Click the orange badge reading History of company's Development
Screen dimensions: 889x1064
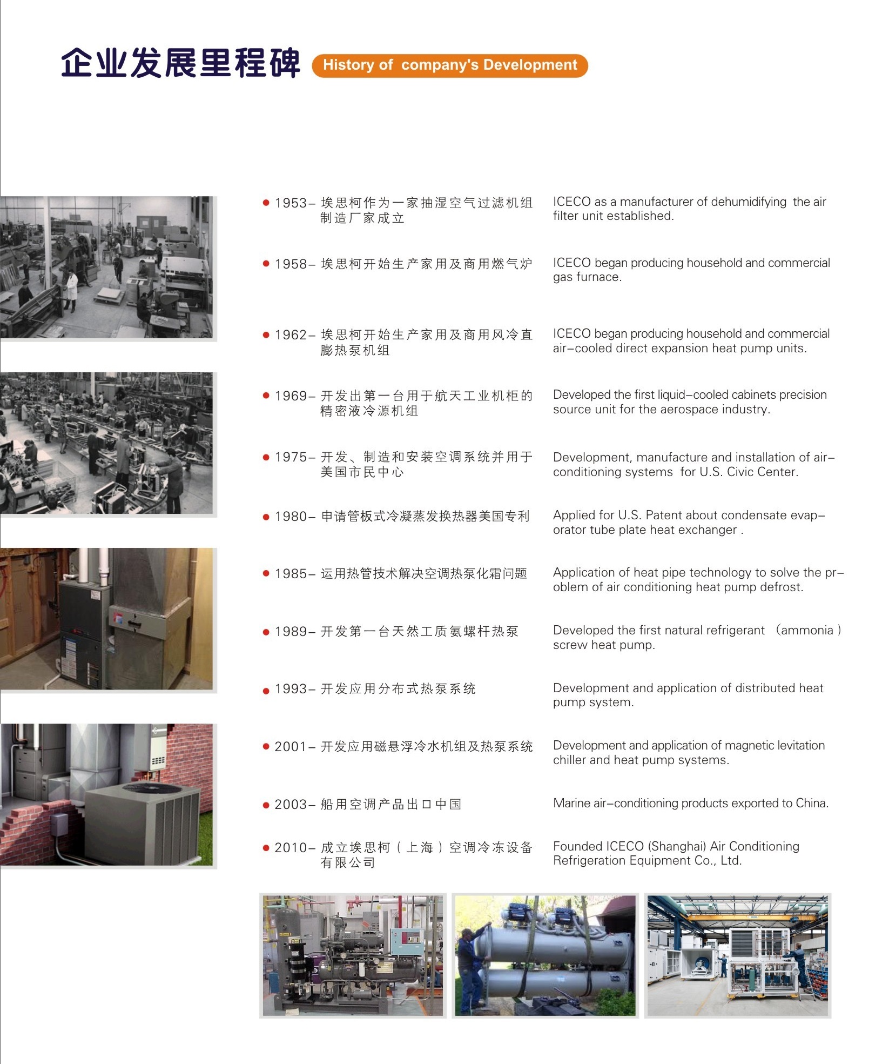tap(450, 65)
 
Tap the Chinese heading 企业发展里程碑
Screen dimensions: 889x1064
tap(180, 63)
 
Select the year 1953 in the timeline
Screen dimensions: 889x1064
tap(291, 203)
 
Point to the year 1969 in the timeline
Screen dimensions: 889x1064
tap(291, 396)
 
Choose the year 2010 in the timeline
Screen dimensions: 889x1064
tap(291, 848)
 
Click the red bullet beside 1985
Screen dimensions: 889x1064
tap(266, 573)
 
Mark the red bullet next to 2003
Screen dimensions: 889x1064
tap(266, 805)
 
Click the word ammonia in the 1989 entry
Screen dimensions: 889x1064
tap(807, 630)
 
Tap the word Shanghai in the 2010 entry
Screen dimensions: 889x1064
tap(677, 846)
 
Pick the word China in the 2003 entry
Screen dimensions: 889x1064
tap(812, 803)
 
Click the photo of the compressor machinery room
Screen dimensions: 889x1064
tap(353, 955)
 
